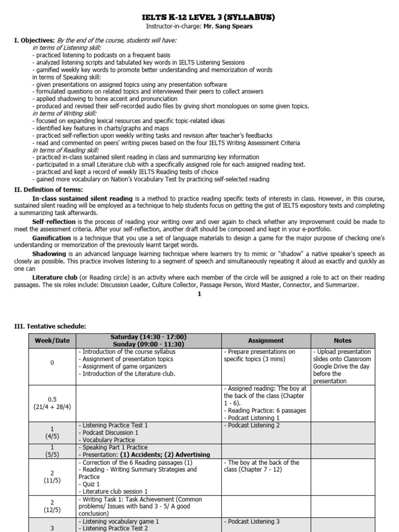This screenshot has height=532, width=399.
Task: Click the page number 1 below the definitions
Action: [x=199, y=294]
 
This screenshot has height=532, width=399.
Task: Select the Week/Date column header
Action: [x=51, y=341]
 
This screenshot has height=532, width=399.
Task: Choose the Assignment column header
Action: [x=265, y=341]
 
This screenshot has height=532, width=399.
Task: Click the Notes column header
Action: [x=342, y=341]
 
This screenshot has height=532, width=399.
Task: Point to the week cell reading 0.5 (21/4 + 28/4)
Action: [x=51, y=403]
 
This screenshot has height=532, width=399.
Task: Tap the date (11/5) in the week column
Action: [x=51, y=478]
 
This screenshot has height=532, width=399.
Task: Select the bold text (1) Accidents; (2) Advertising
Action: [x=166, y=455]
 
